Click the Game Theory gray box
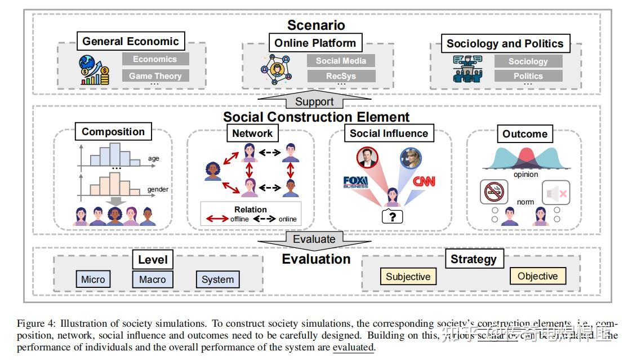[155, 75]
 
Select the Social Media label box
[341, 61]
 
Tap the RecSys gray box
[341, 75]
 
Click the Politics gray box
[528, 75]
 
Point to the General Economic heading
[131, 41]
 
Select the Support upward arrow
[314, 101]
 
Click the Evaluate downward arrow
[314, 239]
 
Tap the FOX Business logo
[355, 182]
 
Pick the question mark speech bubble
[392, 216]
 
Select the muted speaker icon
[555, 193]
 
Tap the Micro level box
[93, 279]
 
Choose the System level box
[217, 279]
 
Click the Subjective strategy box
[408, 277]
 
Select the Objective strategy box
[537, 276]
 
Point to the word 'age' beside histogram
[154, 159]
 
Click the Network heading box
[252, 134]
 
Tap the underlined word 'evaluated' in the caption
[353, 348]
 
